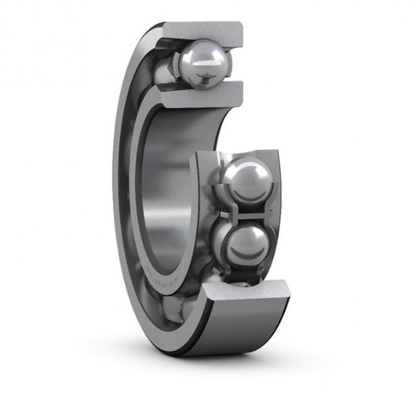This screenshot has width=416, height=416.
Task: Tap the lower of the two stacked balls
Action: click(x=244, y=245)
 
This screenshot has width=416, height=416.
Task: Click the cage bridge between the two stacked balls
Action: click(x=244, y=213)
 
